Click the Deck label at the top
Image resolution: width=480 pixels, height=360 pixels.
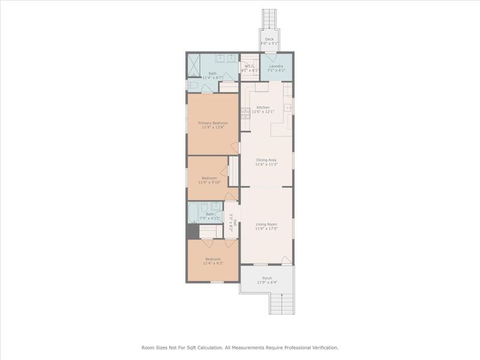click(270, 39)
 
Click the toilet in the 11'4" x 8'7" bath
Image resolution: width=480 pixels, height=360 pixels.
click(192, 86)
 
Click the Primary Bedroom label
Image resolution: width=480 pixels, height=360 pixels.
click(213, 123)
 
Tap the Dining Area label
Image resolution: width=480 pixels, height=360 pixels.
click(266, 160)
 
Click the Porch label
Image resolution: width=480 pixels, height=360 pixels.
click(267, 278)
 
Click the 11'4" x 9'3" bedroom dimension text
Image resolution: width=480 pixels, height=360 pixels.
click(212, 263)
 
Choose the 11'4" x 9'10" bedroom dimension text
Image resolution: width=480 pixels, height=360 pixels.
click(209, 182)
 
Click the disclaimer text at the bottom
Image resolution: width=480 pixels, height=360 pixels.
click(240, 347)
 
